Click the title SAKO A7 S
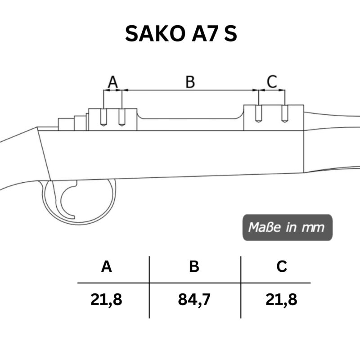181,33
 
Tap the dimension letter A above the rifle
113,82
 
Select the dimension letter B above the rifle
190,82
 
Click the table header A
107,266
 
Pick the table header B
194,266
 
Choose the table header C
282,266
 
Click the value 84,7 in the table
194,300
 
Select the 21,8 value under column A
106,300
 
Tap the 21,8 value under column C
281,300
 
